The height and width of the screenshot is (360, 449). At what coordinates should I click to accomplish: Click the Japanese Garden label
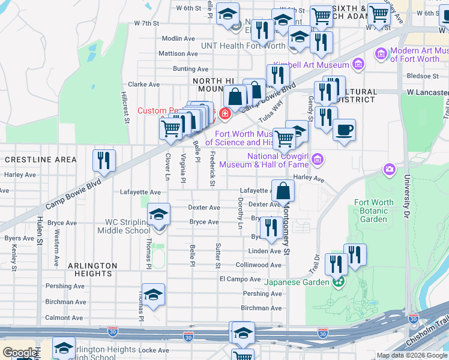[297, 281]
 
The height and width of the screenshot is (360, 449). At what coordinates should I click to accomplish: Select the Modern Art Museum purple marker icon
[381, 55]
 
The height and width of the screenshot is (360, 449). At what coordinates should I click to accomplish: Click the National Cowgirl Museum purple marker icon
[318, 159]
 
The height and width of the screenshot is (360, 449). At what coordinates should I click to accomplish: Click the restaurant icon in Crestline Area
[104, 160]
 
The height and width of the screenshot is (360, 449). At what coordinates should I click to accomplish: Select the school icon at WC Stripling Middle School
[158, 214]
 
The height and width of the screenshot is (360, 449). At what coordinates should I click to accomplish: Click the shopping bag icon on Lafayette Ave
[283, 191]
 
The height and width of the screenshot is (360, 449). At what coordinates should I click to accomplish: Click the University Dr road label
[407, 192]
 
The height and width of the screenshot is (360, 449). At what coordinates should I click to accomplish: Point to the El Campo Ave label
[240, 279]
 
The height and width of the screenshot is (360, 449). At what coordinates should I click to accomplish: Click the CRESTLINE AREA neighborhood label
[41, 160]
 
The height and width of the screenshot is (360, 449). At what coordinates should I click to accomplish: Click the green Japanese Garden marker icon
[339, 281]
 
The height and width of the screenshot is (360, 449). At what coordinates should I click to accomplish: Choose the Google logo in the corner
[20, 353]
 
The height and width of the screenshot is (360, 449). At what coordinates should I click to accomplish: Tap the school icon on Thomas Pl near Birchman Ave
[153, 295]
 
